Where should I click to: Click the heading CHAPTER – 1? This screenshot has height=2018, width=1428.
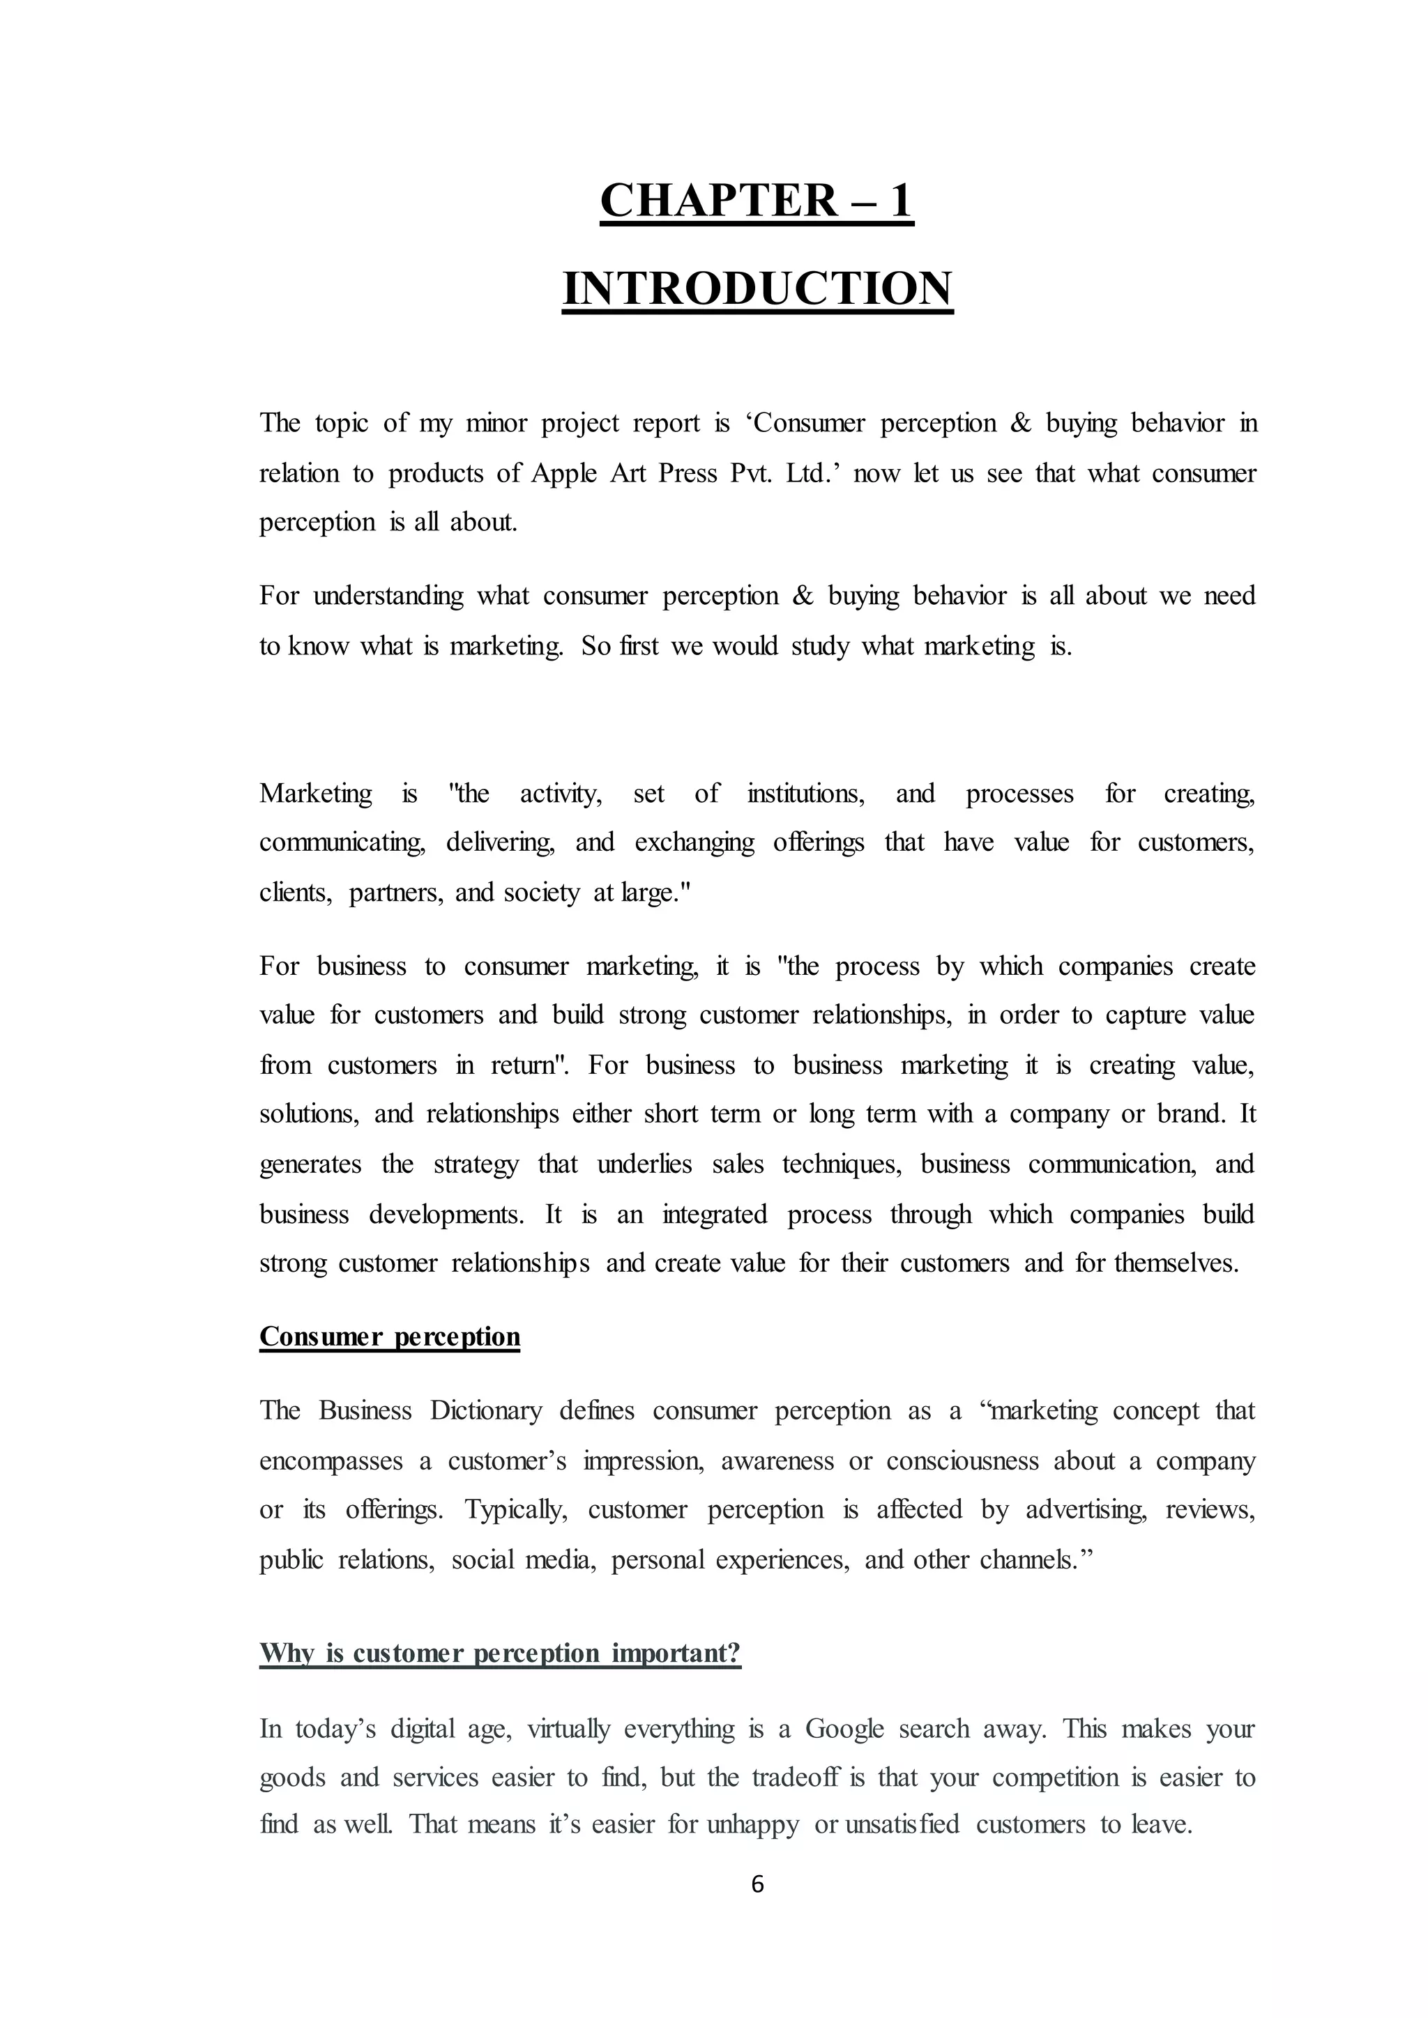757,201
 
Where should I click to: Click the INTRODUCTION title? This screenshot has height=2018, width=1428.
757,288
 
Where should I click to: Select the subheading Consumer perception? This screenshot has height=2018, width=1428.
390,1336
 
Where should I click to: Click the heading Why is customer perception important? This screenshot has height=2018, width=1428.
501,1654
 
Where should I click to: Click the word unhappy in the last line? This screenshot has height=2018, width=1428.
752,1825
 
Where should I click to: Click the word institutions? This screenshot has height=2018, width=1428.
805,794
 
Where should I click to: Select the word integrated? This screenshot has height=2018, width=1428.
714,1215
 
